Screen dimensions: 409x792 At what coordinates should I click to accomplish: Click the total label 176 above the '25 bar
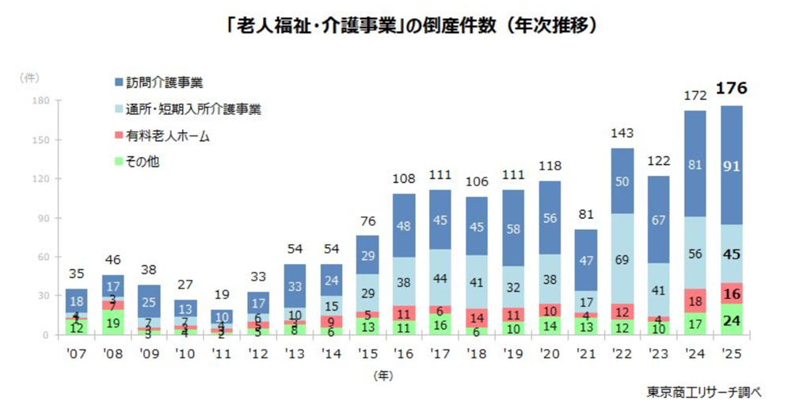click(x=732, y=89)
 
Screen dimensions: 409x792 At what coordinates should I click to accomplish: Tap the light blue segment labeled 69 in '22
click(x=623, y=258)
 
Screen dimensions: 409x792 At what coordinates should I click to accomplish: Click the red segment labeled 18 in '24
click(x=695, y=301)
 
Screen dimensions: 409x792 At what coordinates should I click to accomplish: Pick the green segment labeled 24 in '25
click(x=732, y=319)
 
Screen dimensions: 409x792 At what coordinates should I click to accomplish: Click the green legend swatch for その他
click(x=119, y=162)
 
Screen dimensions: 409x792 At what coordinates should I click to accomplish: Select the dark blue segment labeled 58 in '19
click(x=514, y=228)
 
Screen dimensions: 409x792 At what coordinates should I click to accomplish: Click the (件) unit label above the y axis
click(x=29, y=77)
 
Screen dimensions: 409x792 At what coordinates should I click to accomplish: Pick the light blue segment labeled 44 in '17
click(x=441, y=277)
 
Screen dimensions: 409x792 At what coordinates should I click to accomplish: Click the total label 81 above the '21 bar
click(x=586, y=215)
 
